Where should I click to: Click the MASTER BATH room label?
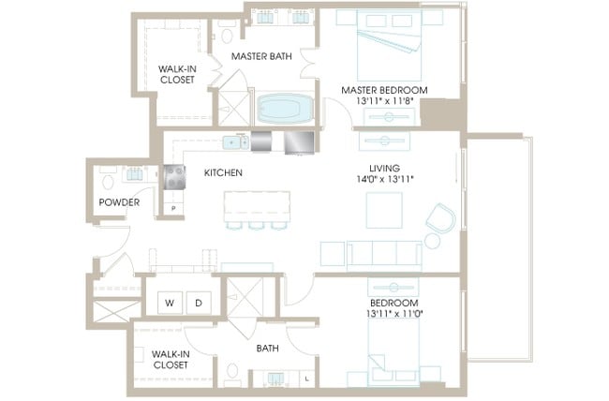[261, 56]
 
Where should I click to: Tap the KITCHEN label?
[223, 172]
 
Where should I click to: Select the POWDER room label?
[119, 202]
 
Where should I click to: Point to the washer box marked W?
[170, 303]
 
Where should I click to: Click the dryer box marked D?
[199, 303]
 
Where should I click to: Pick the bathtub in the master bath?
[285, 108]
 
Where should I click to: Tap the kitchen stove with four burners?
[174, 177]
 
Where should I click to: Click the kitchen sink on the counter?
[236, 142]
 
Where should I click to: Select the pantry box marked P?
[173, 208]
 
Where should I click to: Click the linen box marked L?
[307, 379]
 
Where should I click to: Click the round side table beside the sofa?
[432, 241]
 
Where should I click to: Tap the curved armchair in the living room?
[441, 218]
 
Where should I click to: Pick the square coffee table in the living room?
[384, 210]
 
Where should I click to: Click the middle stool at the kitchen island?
[257, 226]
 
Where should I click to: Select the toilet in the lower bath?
[232, 372]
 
